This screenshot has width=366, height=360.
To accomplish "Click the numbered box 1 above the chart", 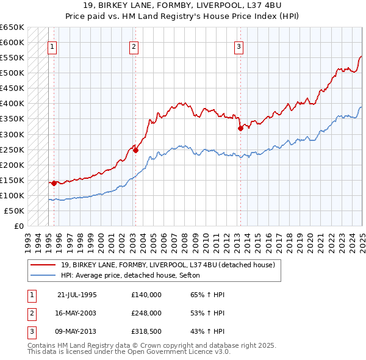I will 52,46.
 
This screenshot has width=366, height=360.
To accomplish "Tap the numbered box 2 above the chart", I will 134,46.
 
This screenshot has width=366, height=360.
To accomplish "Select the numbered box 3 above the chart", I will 239,46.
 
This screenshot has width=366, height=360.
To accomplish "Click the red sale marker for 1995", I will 54,182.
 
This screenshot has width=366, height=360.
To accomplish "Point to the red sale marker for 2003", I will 135,149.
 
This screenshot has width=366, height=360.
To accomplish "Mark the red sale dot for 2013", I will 240,128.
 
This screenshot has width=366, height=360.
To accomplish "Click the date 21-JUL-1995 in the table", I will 76,295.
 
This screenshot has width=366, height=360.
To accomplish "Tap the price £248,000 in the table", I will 146,312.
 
